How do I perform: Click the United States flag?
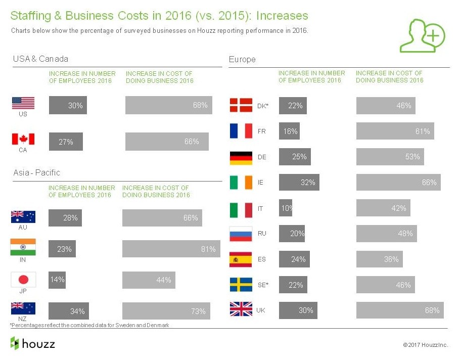(23, 103)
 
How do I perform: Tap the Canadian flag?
(23, 139)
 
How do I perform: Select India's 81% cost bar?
(171, 249)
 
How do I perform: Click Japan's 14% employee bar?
(57, 280)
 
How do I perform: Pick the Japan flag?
(23, 280)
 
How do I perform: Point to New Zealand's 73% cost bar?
(165, 311)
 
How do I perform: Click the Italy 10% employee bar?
(286, 208)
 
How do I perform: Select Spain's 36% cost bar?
(380, 259)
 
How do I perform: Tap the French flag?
(241, 131)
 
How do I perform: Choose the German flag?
(241, 157)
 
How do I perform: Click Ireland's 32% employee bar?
(299, 182)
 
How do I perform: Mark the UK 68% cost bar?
(400, 310)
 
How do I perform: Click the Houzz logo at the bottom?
(33, 344)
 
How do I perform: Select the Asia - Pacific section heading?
(36, 172)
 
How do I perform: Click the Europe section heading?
(242, 59)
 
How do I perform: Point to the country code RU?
(262, 234)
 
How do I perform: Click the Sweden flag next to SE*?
(241, 285)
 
